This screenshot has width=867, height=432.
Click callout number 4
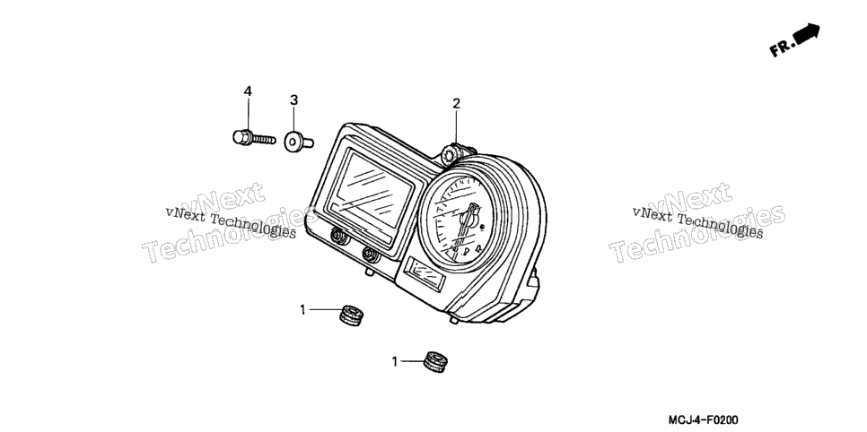tap(248, 91)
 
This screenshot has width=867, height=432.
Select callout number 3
tap(293, 100)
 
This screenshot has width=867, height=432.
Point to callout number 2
tap(456, 103)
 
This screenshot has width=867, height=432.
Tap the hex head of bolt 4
tap(242, 137)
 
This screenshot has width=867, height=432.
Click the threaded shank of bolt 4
tap(264, 139)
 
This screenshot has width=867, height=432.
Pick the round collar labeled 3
tap(295, 142)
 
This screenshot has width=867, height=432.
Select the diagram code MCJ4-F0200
tap(703, 420)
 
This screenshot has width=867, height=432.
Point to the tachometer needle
tap(468, 225)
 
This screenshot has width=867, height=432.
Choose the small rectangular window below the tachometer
tap(425, 274)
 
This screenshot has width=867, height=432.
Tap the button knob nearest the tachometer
tap(371, 255)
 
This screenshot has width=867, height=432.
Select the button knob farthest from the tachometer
tap(337, 237)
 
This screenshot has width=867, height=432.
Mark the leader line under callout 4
tap(248, 115)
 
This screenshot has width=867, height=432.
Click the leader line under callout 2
tap(456, 127)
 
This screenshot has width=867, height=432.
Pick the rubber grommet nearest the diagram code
tap(435, 362)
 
